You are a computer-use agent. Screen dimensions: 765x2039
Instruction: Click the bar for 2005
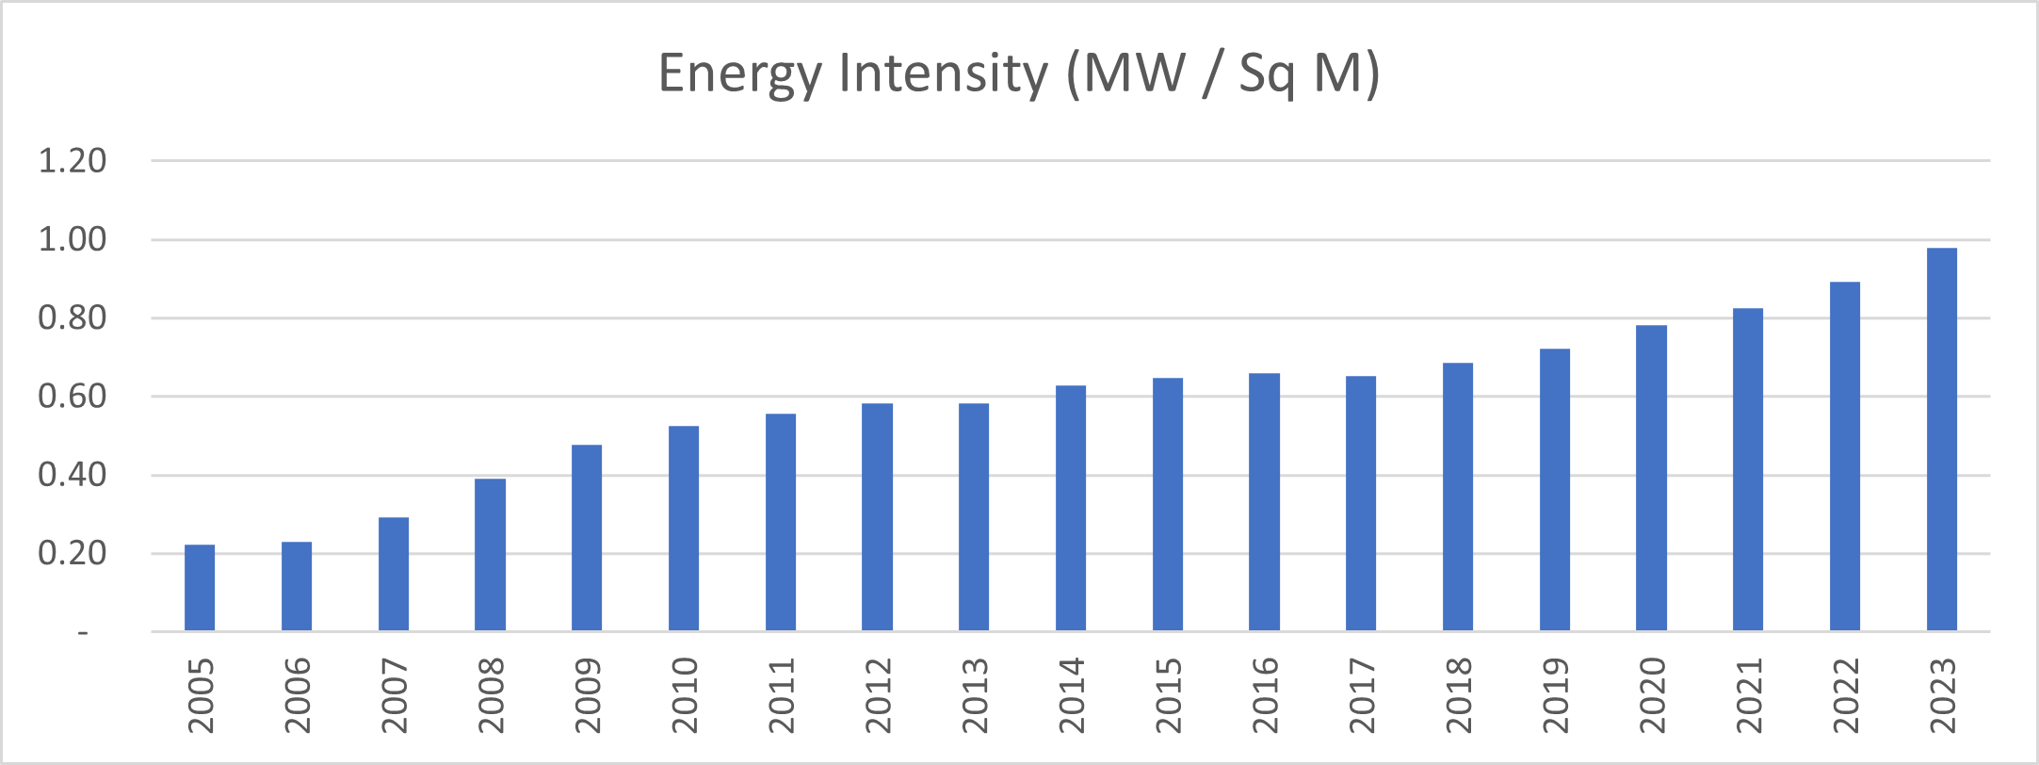click(200, 588)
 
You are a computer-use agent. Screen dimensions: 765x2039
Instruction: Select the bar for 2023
click(1941, 439)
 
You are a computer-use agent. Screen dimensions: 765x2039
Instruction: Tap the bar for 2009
click(587, 537)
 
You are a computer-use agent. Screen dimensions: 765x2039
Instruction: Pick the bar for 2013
click(974, 516)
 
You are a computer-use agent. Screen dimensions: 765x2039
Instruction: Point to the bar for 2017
click(1361, 503)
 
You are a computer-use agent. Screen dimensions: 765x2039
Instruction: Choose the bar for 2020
click(1651, 478)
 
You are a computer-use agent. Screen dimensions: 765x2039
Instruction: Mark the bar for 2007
click(394, 574)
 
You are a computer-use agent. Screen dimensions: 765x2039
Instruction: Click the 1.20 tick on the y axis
click(73, 161)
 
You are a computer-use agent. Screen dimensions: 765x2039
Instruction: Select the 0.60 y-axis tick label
click(73, 397)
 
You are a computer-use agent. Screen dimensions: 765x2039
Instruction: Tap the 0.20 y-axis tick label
click(73, 553)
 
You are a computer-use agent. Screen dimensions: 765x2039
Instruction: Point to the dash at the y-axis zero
click(83, 633)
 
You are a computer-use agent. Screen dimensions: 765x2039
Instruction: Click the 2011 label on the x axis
click(782, 695)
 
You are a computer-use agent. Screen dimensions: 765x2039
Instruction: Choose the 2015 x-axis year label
click(1169, 695)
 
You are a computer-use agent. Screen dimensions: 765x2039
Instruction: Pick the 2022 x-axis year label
click(1846, 695)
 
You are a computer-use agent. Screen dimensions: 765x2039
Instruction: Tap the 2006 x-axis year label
click(298, 695)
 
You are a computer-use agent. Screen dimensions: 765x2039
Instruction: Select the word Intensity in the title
click(943, 74)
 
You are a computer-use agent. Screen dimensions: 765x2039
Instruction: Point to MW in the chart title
click(1134, 73)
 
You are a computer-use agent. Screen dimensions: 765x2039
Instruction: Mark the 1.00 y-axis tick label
click(73, 239)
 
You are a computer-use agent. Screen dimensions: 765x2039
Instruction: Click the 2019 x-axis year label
click(1556, 695)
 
